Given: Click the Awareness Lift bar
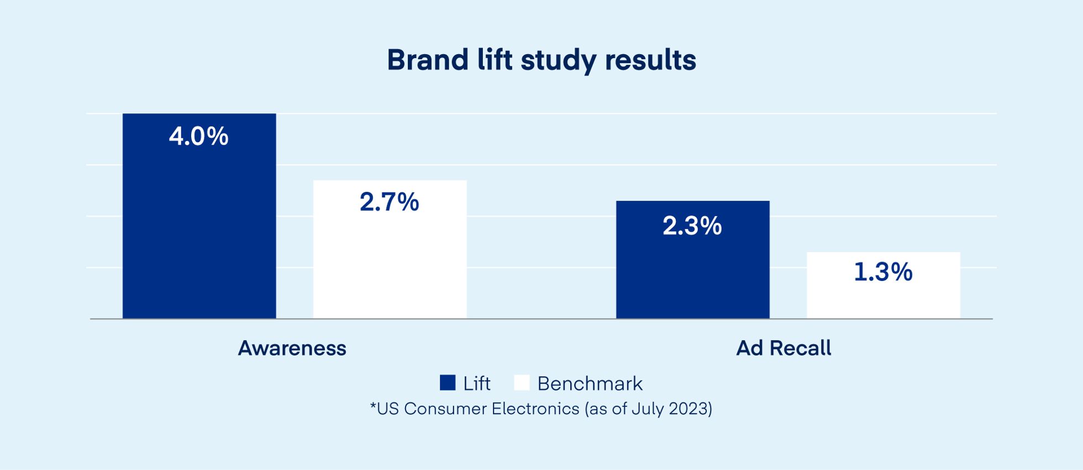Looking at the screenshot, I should (x=199, y=232).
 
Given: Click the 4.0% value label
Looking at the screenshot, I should (x=199, y=137).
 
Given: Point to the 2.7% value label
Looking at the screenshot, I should (x=390, y=202).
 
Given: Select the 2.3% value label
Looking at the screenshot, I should (x=692, y=226).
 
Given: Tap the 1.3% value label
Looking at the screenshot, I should (x=883, y=272).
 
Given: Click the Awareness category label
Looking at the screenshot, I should (x=292, y=348).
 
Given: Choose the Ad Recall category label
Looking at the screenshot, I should (x=784, y=348).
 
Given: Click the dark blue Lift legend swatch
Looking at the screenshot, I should (x=448, y=383).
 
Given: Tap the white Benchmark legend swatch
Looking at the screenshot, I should (x=522, y=383).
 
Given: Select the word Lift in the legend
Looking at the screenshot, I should (x=477, y=384).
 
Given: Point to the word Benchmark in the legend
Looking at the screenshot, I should (x=590, y=384).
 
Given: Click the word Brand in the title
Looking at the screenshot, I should (x=428, y=60).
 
